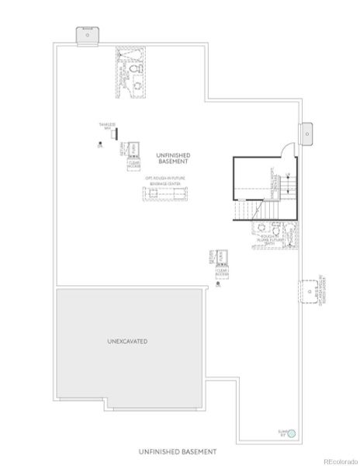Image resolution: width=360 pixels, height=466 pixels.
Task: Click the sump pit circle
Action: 292,433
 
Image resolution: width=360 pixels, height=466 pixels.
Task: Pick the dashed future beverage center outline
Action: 168,193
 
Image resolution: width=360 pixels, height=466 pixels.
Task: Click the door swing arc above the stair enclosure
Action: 287,149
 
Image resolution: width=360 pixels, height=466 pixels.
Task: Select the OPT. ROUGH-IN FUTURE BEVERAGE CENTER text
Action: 168,180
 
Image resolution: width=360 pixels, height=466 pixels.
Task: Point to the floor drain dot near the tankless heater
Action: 100,145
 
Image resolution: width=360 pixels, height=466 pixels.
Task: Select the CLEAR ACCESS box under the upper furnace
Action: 133,163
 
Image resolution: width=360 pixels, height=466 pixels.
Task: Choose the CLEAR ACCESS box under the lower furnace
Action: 223,272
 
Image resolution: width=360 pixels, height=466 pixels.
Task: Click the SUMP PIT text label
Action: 283,433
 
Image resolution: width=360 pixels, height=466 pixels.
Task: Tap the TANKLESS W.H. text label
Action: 107,127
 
